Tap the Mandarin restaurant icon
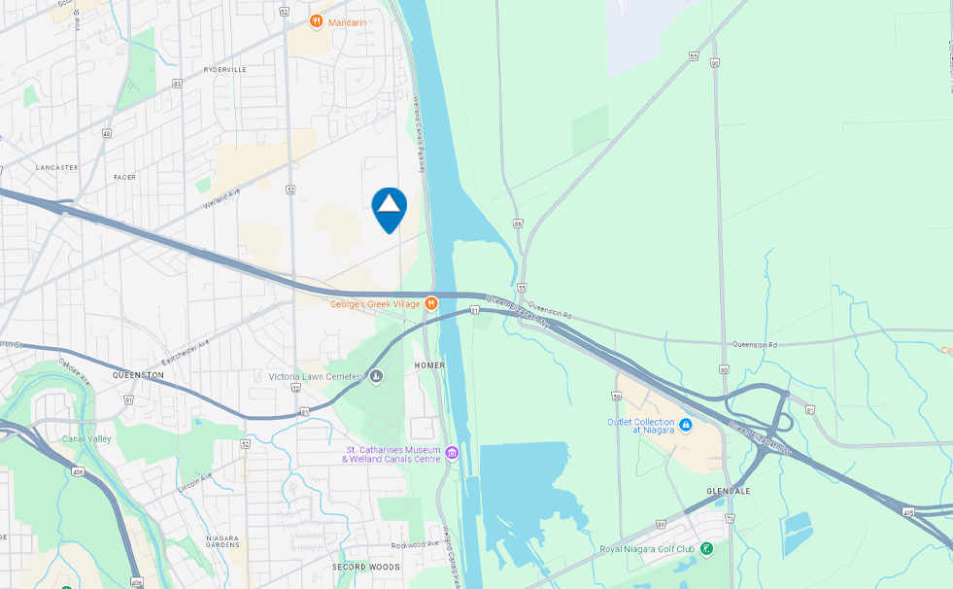click(x=316, y=21)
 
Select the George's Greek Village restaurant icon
click(x=432, y=304)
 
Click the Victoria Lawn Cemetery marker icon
click(x=376, y=376)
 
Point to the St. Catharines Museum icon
click(x=452, y=452)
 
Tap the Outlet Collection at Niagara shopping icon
click(x=686, y=425)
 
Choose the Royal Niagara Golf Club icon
click(x=706, y=549)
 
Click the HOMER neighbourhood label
click(x=429, y=365)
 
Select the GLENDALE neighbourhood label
click(x=728, y=491)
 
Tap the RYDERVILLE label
click(x=224, y=70)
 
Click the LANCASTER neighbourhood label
click(x=56, y=167)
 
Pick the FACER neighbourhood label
click(x=124, y=177)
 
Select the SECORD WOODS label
click(x=365, y=567)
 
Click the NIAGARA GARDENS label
click(x=222, y=541)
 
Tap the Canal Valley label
click(x=86, y=438)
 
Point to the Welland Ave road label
click(x=221, y=199)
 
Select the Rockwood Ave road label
click(x=416, y=545)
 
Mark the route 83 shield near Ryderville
click(x=177, y=84)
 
